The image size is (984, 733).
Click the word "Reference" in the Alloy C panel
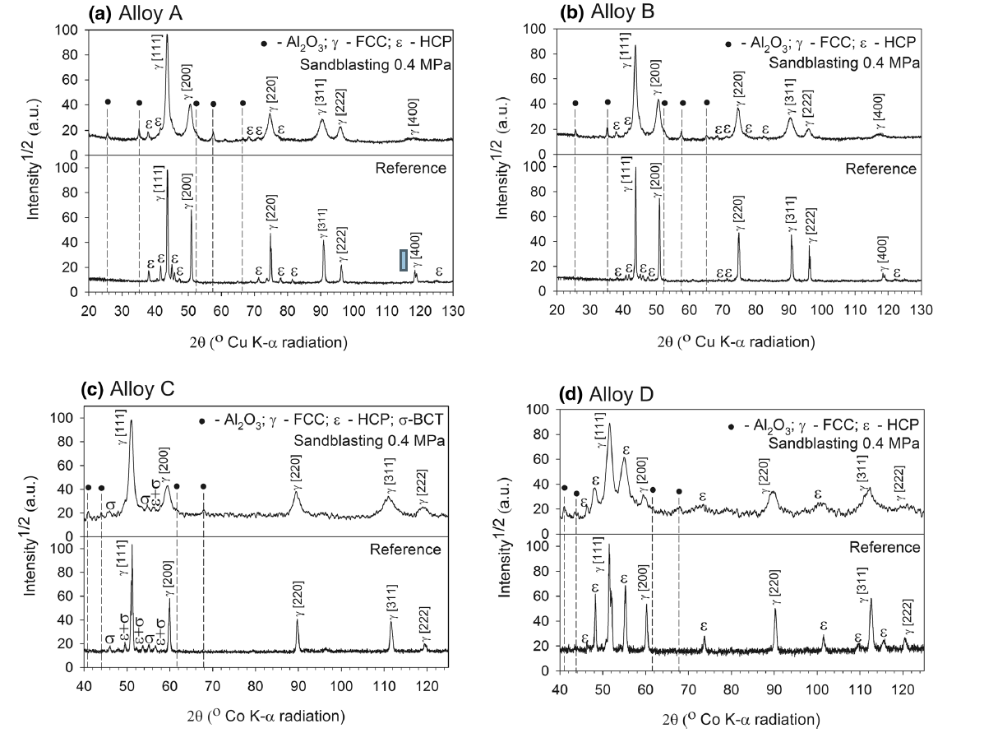coord(405,550)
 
